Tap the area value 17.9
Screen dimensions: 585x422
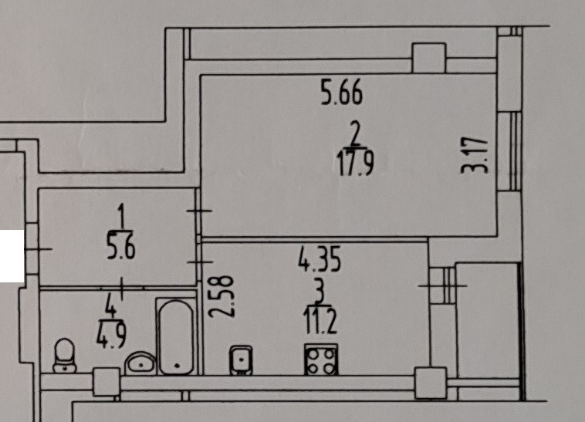click(x=355, y=164)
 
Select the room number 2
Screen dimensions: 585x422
click(x=356, y=134)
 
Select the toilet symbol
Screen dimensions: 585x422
click(x=64, y=355)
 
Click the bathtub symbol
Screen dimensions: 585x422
click(x=177, y=337)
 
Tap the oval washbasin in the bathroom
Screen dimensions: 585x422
click(x=140, y=361)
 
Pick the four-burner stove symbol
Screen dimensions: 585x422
click(x=321, y=359)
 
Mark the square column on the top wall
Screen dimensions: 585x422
click(x=428, y=58)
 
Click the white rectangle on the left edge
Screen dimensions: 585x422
click(x=11, y=255)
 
